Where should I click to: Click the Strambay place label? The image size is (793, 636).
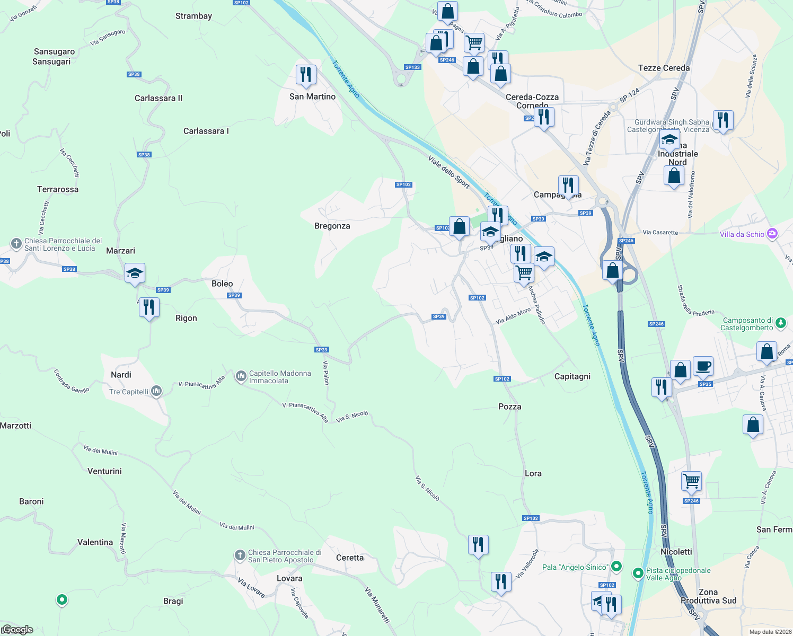193,16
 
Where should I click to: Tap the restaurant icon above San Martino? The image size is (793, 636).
306,75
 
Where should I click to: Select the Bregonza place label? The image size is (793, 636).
332,226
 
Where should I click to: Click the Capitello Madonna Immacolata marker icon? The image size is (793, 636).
241,377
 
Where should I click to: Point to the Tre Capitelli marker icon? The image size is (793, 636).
156,392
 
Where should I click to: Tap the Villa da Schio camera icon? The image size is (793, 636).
772,234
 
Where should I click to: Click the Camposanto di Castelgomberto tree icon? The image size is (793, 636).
780,323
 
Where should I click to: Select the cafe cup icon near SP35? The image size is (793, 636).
703,366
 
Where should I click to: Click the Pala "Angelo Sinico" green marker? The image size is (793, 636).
616,567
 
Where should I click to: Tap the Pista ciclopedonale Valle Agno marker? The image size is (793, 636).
638,573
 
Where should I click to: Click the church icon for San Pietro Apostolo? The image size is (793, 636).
240,555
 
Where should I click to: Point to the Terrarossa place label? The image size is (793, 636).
58,189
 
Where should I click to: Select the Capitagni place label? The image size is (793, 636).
572,376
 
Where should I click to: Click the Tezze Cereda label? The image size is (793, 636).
664,68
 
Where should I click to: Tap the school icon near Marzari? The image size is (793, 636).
135,274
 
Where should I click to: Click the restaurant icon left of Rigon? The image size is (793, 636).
149,307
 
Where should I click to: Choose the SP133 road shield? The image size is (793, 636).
412,67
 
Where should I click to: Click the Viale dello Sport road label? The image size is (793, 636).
449,172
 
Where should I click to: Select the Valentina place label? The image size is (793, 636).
95,542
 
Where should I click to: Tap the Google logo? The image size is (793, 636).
18,630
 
